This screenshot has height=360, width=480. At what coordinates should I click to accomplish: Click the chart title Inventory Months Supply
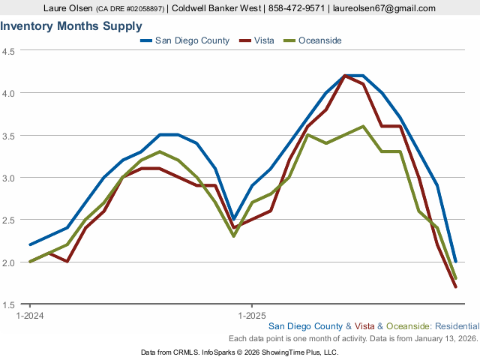71,26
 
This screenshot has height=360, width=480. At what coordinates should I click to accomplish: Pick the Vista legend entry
259,40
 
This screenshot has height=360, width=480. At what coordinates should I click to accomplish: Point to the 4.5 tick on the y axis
10,51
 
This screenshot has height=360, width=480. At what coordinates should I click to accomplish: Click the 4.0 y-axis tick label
10,93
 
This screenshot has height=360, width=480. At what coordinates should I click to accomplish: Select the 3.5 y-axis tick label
10,136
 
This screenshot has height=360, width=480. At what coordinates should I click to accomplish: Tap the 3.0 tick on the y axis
10,178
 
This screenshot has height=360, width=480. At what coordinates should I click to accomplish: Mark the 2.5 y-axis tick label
10,220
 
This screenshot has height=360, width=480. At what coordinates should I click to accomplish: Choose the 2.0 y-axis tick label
10,262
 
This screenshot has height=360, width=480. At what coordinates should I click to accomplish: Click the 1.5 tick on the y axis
10,304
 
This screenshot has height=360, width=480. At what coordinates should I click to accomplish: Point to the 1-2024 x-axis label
30,316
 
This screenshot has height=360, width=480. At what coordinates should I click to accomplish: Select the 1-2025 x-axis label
251,316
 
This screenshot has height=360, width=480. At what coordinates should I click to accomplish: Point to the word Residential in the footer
457,327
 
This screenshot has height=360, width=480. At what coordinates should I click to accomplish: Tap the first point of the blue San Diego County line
30,244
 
